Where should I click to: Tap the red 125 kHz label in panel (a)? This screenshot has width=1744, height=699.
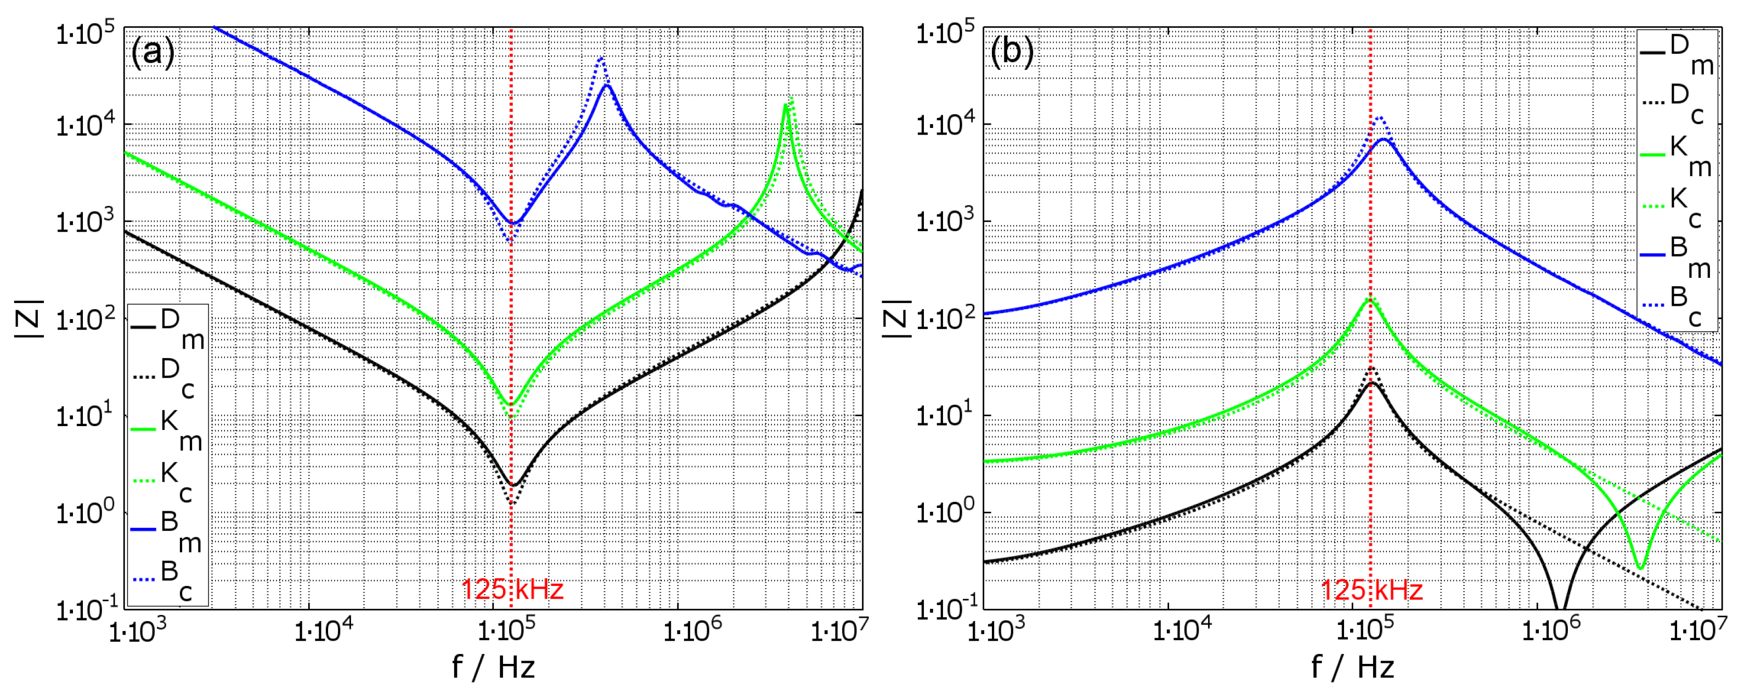(512, 589)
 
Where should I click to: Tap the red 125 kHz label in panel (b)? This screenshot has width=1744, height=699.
(1372, 589)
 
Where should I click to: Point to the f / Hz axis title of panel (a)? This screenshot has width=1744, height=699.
(494, 668)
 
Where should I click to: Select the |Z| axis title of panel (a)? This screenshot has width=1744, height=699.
(29, 318)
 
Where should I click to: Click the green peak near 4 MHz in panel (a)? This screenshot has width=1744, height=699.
(786, 105)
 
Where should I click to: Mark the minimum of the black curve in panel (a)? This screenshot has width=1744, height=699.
(512, 485)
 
